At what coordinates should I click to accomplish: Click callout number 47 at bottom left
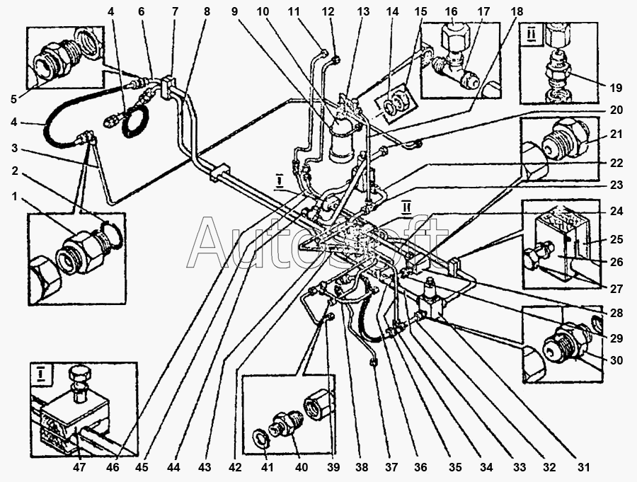pos(79,467)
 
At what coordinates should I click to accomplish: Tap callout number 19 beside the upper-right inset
pos(616,87)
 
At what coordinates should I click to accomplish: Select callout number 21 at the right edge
pos(616,133)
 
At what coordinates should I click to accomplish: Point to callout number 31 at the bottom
pos(583,467)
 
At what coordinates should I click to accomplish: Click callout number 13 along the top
pos(363,12)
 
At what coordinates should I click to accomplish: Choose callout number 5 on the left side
pos(14,99)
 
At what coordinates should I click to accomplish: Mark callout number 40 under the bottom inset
pos(301,467)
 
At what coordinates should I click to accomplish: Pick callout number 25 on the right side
pos(616,239)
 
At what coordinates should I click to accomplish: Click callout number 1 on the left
pos(15,197)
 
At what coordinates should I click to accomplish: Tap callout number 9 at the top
pos(234,12)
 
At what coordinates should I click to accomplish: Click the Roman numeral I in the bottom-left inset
pos(41,374)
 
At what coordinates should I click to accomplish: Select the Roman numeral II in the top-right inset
pos(532,35)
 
